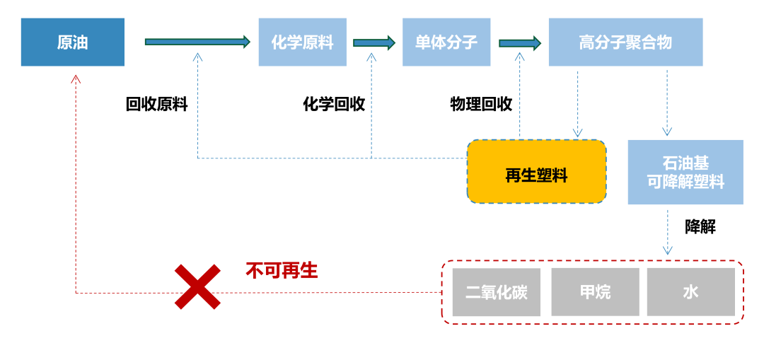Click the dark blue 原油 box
point(73,42)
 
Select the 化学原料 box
point(302,42)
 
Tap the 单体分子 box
point(446,42)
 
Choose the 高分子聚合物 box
point(625,42)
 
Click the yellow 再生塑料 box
point(536,172)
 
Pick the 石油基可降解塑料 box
point(685,172)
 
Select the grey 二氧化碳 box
point(496,291)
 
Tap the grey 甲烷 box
point(594,291)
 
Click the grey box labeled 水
point(690,291)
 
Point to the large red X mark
point(197,286)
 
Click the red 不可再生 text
point(282,270)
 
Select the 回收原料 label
point(156,105)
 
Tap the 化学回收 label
point(334,105)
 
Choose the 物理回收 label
point(481,105)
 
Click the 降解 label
point(700,227)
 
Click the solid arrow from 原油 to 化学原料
point(197,42)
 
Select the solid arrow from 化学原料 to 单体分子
point(374,42)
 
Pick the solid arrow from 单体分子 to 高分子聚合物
point(519,43)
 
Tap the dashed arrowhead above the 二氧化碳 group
point(667,250)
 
